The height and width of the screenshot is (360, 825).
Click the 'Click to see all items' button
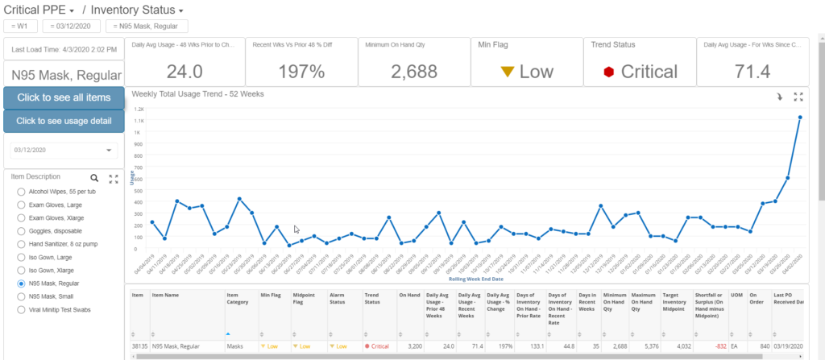[64, 97]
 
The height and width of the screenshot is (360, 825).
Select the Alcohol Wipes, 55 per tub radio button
[22, 193]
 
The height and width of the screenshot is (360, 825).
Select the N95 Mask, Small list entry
[22, 296]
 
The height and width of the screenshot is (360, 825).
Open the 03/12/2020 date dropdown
[109, 151]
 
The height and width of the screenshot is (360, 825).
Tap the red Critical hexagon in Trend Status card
[610, 72]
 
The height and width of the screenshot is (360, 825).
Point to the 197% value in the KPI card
[301, 72]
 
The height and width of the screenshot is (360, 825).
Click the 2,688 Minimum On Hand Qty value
[413, 72]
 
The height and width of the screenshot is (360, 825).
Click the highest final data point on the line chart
[799, 118]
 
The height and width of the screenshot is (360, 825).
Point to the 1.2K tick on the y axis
[139, 109]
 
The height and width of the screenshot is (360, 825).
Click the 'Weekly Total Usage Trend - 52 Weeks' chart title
[197, 94]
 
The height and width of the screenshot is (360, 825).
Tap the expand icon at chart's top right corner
[798, 96]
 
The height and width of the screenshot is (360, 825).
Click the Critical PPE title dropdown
[40, 10]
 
